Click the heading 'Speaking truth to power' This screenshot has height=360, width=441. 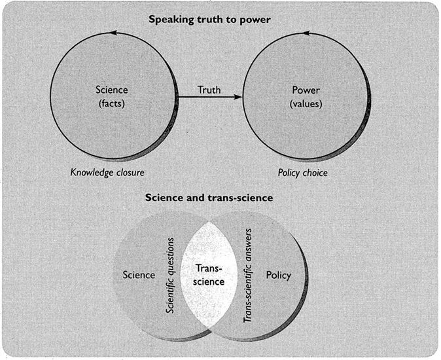(209, 19)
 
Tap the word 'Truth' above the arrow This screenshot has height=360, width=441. (209, 90)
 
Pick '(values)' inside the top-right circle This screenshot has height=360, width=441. (306, 103)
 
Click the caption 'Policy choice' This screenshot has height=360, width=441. (303, 173)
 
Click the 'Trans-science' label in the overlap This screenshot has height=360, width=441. (209, 275)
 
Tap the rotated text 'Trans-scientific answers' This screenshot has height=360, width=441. (249, 275)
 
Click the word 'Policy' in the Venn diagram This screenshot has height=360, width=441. (278, 275)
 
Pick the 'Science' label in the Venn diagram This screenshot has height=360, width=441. (139, 275)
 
